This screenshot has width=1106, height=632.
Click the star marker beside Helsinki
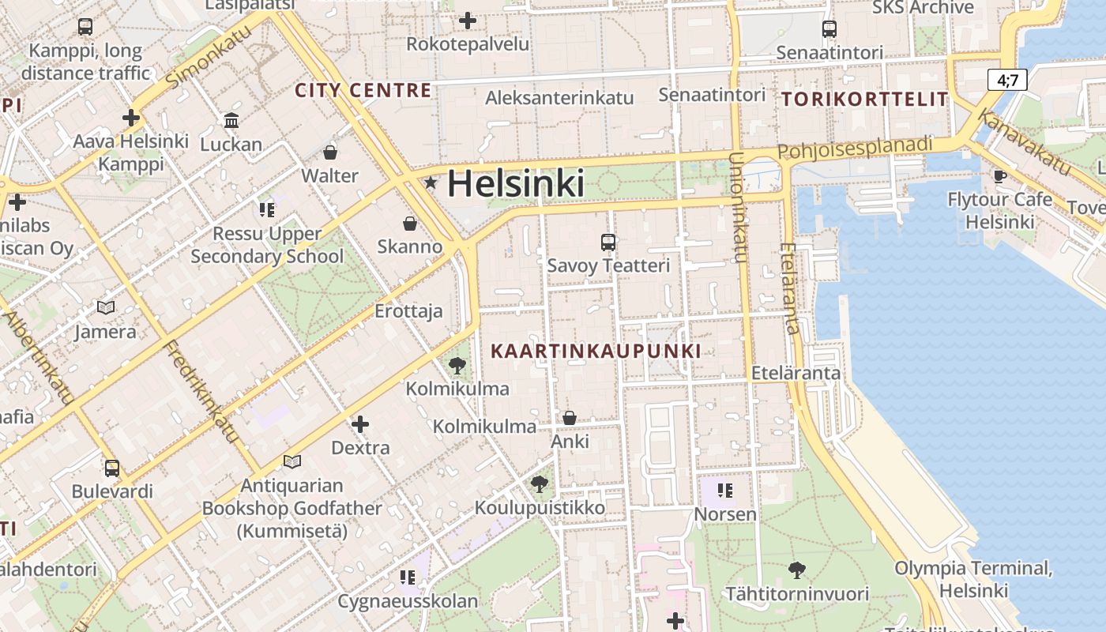pos(431,183)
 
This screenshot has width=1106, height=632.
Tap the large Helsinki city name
pos(516,184)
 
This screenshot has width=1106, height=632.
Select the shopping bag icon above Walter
pos(330,152)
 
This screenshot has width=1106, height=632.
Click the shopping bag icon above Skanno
pos(409,224)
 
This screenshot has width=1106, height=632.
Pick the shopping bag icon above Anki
pos(569,418)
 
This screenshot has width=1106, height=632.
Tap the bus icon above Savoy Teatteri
pos(608,243)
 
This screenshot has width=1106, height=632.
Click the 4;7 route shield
pos(1007,80)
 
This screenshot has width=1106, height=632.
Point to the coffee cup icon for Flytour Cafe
pos(999,175)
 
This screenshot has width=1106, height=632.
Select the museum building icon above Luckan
pos(231,121)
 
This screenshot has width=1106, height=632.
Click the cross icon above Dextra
pos(360,424)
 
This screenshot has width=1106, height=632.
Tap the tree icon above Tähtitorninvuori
pos(797,570)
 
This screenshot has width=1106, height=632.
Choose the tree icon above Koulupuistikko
pos(540,483)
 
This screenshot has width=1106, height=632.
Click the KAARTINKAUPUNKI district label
pos(596,351)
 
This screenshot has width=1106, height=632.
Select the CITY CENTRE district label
pos(363,90)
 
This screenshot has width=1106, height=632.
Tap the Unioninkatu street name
pos(739,207)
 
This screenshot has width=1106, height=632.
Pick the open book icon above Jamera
pos(105,307)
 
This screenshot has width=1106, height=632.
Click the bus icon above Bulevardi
pos(112,468)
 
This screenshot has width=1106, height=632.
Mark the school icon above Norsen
pos(725,491)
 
